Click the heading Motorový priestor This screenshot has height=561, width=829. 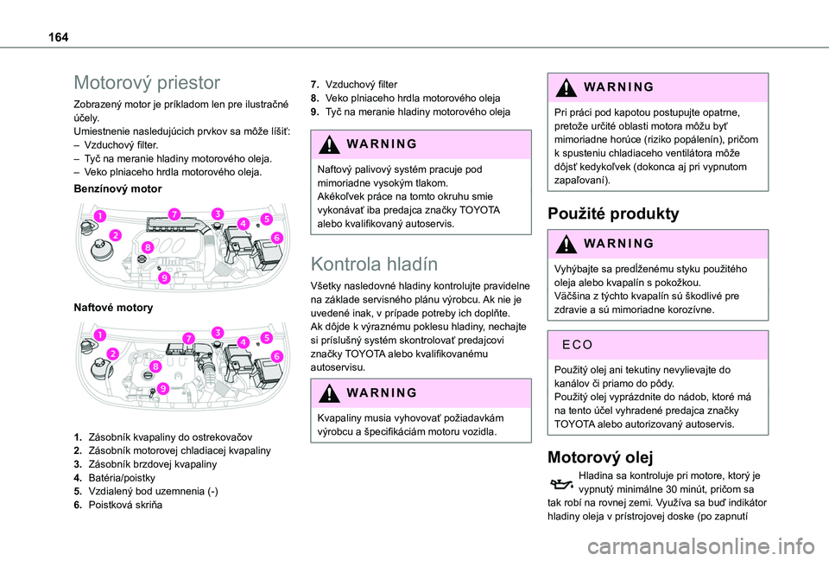[x=148, y=83]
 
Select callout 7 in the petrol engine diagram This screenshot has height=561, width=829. [x=174, y=214]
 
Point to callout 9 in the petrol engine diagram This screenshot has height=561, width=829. [x=163, y=278]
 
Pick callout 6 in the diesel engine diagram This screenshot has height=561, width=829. [x=276, y=356]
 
